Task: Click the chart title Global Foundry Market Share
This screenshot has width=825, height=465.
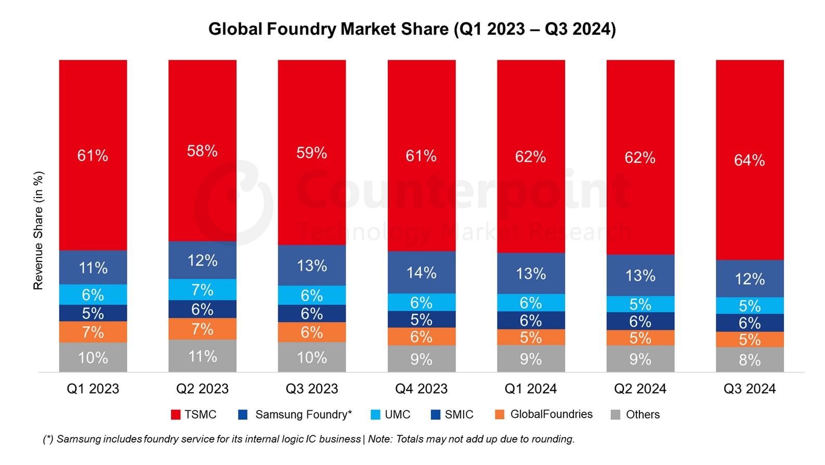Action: point(412,29)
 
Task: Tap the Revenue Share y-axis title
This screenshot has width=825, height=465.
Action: point(38,230)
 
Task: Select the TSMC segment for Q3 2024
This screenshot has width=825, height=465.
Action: point(750,160)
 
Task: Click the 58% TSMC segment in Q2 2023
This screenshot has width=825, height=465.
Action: point(202,151)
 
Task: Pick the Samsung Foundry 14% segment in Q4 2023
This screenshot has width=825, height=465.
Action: point(422,272)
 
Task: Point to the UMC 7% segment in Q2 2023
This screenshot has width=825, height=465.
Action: point(202,289)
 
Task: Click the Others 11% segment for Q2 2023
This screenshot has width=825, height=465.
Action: point(202,356)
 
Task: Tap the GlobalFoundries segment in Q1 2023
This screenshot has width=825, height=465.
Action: point(93,332)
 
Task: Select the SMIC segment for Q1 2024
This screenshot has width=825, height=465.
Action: point(531,320)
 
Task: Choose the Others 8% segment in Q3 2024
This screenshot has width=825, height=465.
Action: point(750,359)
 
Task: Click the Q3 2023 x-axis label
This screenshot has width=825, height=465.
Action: point(312,389)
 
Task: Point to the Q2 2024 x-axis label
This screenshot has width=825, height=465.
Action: point(640,389)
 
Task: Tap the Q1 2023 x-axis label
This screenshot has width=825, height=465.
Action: point(93,389)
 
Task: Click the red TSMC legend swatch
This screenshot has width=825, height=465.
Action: point(176,415)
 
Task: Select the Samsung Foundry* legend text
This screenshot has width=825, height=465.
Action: point(303,415)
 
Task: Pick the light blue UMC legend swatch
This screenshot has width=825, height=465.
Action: point(375,415)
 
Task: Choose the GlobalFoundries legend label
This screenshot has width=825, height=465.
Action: point(551,414)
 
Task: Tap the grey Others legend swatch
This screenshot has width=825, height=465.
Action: point(616,415)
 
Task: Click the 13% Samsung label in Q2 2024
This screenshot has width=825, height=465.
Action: point(640,275)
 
